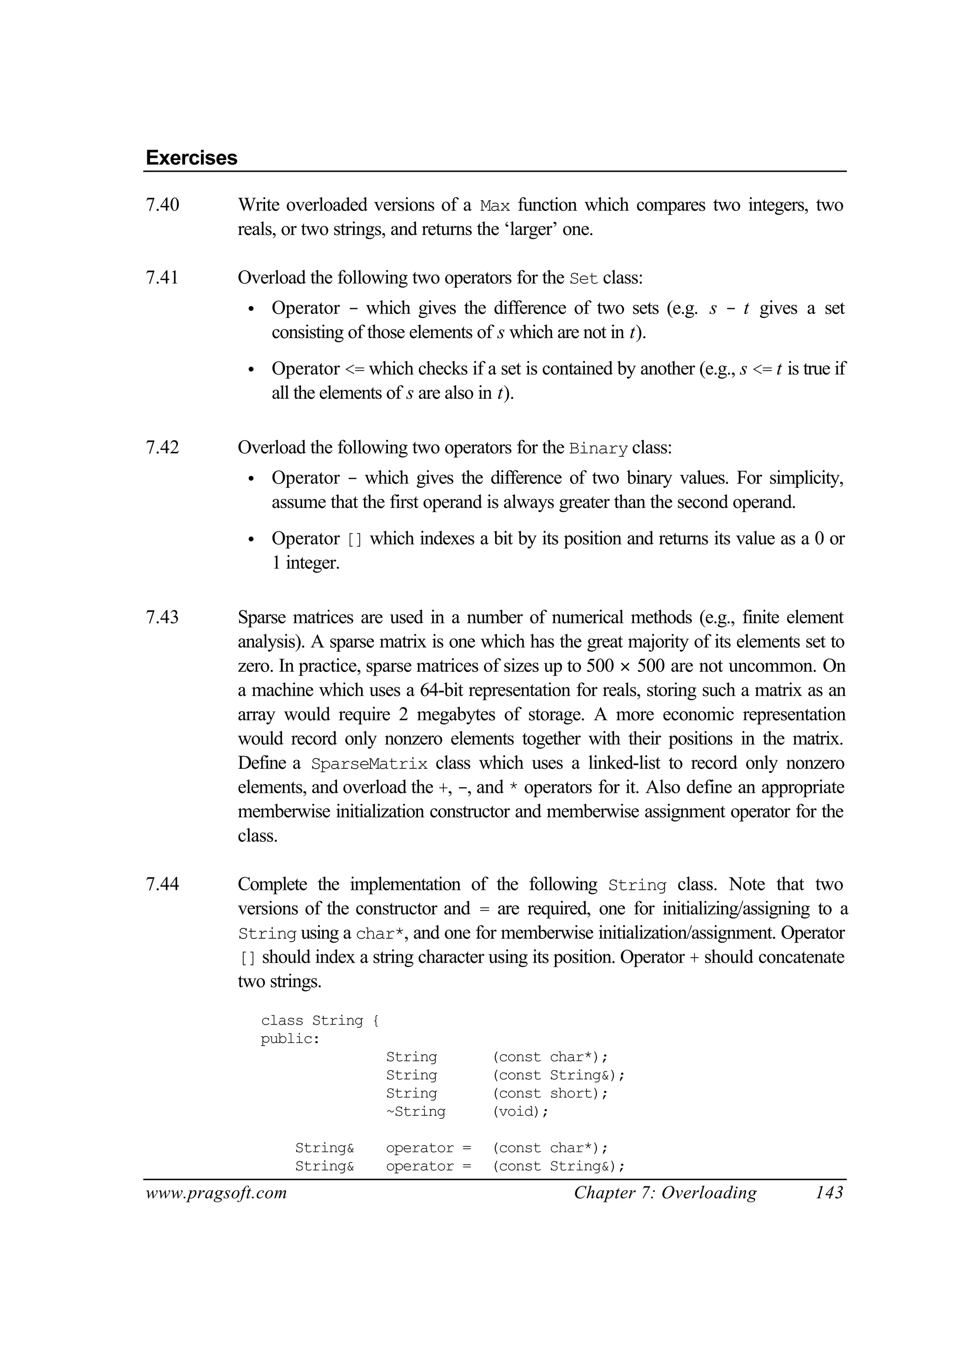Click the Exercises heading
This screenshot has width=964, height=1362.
pos(191,158)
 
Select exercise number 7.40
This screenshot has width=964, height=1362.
pos(162,205)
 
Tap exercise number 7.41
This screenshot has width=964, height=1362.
pos(162,278)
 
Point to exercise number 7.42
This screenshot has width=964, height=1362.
pos(162,447)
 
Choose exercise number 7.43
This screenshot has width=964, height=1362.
pos(162,618)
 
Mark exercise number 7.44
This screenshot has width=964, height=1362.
pos(162,885)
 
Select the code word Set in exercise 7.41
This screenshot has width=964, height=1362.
pos(583,278)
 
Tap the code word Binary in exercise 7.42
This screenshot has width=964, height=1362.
pos(598,448)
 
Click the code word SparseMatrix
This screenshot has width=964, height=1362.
pos(369,764)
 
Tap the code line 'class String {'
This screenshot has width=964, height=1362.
pos(319,1021)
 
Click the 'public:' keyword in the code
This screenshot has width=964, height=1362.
pos(290,1039)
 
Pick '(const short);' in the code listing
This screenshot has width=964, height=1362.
pos(550,1093)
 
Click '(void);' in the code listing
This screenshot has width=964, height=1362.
pos(520,1112)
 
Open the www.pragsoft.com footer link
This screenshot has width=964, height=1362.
pos(216,1193)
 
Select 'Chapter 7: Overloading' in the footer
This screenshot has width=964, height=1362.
pos(665,1193)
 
